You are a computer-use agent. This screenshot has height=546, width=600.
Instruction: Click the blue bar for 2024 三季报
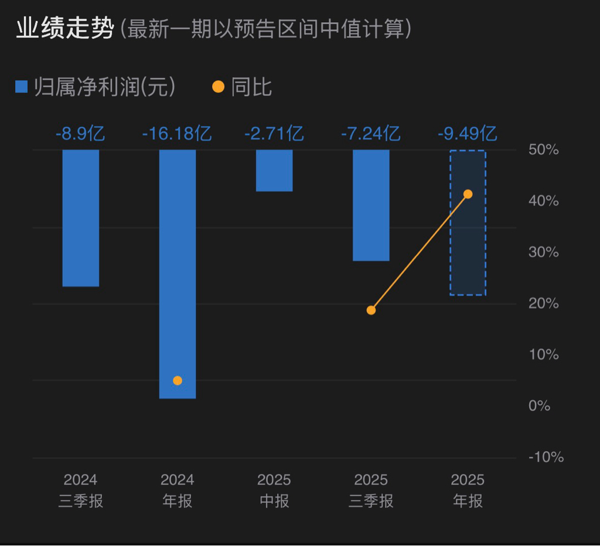coord(81,218)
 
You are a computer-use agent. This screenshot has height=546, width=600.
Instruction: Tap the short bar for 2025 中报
coord(274,170)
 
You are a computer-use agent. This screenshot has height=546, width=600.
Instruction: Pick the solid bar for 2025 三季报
coord(371,205)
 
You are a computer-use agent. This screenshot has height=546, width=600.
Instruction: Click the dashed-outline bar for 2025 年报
coord(468,246)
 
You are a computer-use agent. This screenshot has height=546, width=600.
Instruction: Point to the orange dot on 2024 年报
coord(178,381)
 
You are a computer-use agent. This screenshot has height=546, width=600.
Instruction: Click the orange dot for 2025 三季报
coord(371,310)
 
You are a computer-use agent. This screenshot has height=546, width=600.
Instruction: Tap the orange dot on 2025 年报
coord(468,194)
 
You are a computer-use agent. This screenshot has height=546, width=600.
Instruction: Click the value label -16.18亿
coord(177,134)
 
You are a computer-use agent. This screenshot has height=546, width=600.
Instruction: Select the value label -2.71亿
coord(274,134)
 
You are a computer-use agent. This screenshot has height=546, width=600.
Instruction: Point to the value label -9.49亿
coord(468,134)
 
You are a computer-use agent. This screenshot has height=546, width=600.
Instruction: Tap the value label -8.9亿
coord(80,134)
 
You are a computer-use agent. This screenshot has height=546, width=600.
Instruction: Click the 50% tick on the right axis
coord(544,150)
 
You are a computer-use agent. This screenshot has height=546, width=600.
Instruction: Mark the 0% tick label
coord(540,406)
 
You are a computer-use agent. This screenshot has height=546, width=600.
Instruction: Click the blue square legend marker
coord(22,87)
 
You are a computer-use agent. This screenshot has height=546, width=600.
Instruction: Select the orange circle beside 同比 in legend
coord(218,87)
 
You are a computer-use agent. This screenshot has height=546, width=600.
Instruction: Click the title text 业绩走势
coord(64,29)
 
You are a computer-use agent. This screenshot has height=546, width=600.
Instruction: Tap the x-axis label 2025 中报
coord(274,491)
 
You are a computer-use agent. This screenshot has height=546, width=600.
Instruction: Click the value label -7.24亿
coord(371,134)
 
